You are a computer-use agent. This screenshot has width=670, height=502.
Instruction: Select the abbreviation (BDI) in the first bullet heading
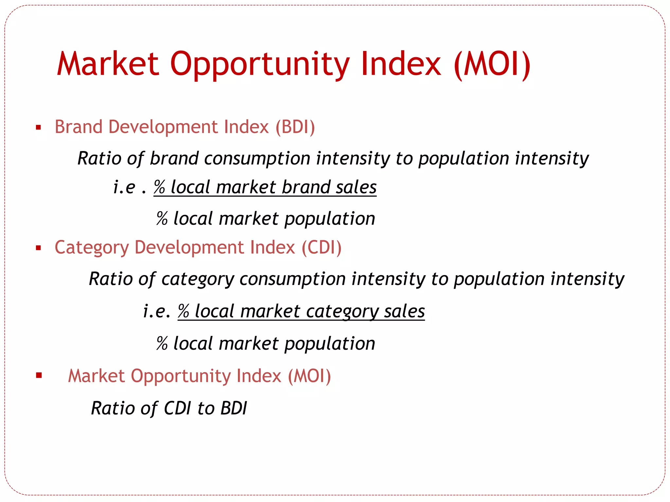(x=295, y=127)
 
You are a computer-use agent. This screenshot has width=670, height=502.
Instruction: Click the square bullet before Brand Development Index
(x=39, y=127)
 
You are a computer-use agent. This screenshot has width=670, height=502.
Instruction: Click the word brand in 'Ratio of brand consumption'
(x=174, y=159)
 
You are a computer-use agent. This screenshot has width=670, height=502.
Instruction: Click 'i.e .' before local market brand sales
(x=130, y=187)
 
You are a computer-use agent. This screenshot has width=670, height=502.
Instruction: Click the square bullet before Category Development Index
(x=39, y=248)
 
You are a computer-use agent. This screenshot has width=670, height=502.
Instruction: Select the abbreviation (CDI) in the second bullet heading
(x=322, y=247)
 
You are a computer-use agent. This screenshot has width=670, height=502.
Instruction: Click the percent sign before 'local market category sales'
(x=184, y=311)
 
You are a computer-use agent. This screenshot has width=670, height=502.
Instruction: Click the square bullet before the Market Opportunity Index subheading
(x=39, y=375)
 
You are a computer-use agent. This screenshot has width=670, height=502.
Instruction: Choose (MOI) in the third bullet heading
(x=309, y=376)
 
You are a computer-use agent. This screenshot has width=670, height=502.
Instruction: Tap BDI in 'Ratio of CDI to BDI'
(x=234, y=408)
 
